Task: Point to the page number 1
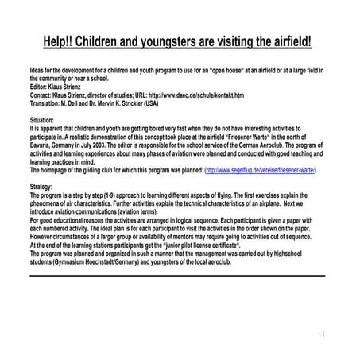pos(323,334)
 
